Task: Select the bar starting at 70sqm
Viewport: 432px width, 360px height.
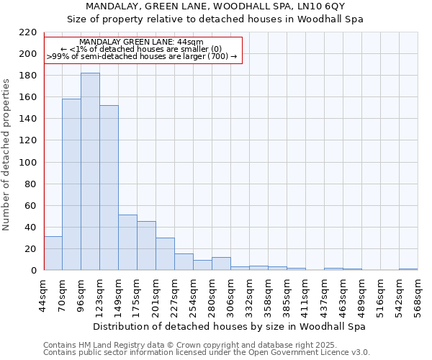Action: [x=71, y=184]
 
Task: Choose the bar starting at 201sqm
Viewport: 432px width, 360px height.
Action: [x=165, y=253]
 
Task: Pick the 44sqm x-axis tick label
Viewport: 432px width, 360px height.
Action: [x=43, y=295]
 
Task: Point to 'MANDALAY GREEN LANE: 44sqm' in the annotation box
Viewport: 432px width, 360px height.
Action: [x=141, y=42]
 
